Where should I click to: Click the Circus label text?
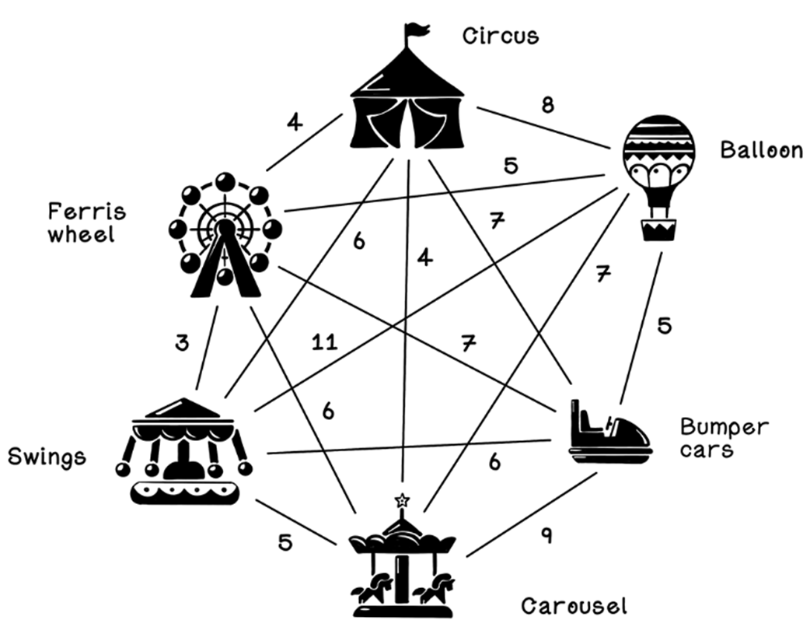tap(500, 36)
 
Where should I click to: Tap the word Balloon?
tap(761, 149)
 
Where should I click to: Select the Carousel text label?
tap(574, 606)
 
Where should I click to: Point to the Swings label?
tap(47, 457)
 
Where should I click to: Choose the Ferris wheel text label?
tap(86, 222)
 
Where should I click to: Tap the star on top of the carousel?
tap(402, 500)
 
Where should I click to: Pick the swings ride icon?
tap(183, 452)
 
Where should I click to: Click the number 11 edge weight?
tap(324, 342)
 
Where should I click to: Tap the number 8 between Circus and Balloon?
tap(547, 105)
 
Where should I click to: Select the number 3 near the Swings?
tap(182, 342)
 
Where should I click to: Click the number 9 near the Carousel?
tap(546, 536)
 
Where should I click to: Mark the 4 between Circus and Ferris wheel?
tap(293, 122)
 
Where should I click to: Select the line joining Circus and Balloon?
tap(544, 127)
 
